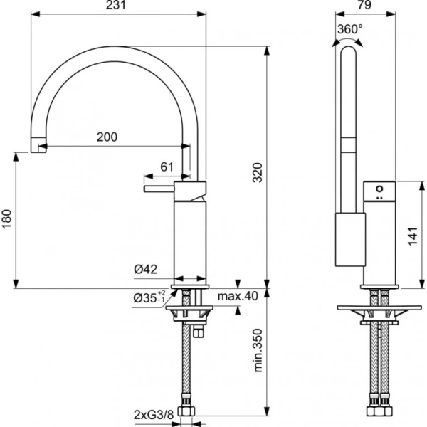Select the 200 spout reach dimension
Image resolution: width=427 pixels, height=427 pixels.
(x=107, y=137)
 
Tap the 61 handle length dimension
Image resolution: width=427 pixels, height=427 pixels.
(x=167, y=167)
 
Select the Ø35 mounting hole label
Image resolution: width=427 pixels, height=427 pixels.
(x=148, y=297)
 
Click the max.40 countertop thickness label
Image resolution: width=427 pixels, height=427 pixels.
(x=236, y=296)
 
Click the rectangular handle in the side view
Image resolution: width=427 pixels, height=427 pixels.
(x=349, y=238)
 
